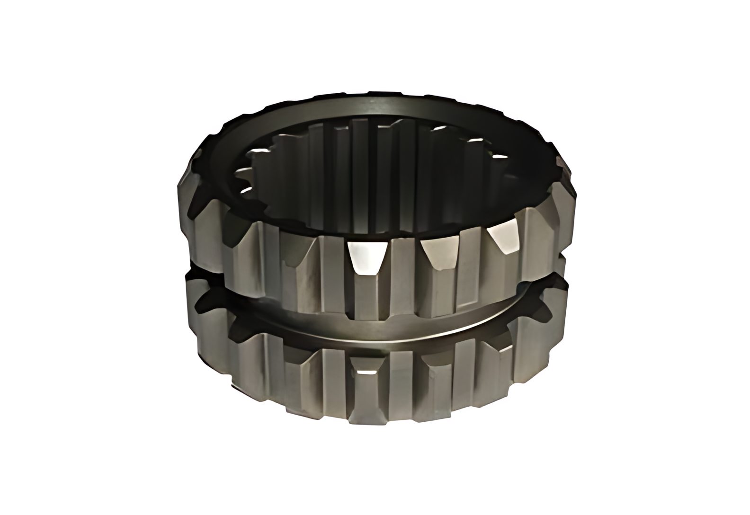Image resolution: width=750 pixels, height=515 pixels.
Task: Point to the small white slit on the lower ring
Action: (369, 373)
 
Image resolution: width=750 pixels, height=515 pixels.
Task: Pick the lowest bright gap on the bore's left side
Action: (246, 190)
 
